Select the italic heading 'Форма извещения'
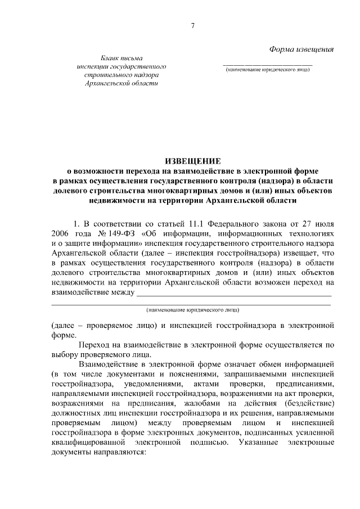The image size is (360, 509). click(x=301, y=48)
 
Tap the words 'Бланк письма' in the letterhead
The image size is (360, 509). click(x=121, y=58)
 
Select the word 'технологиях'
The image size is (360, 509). click(x=311, y=232)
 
